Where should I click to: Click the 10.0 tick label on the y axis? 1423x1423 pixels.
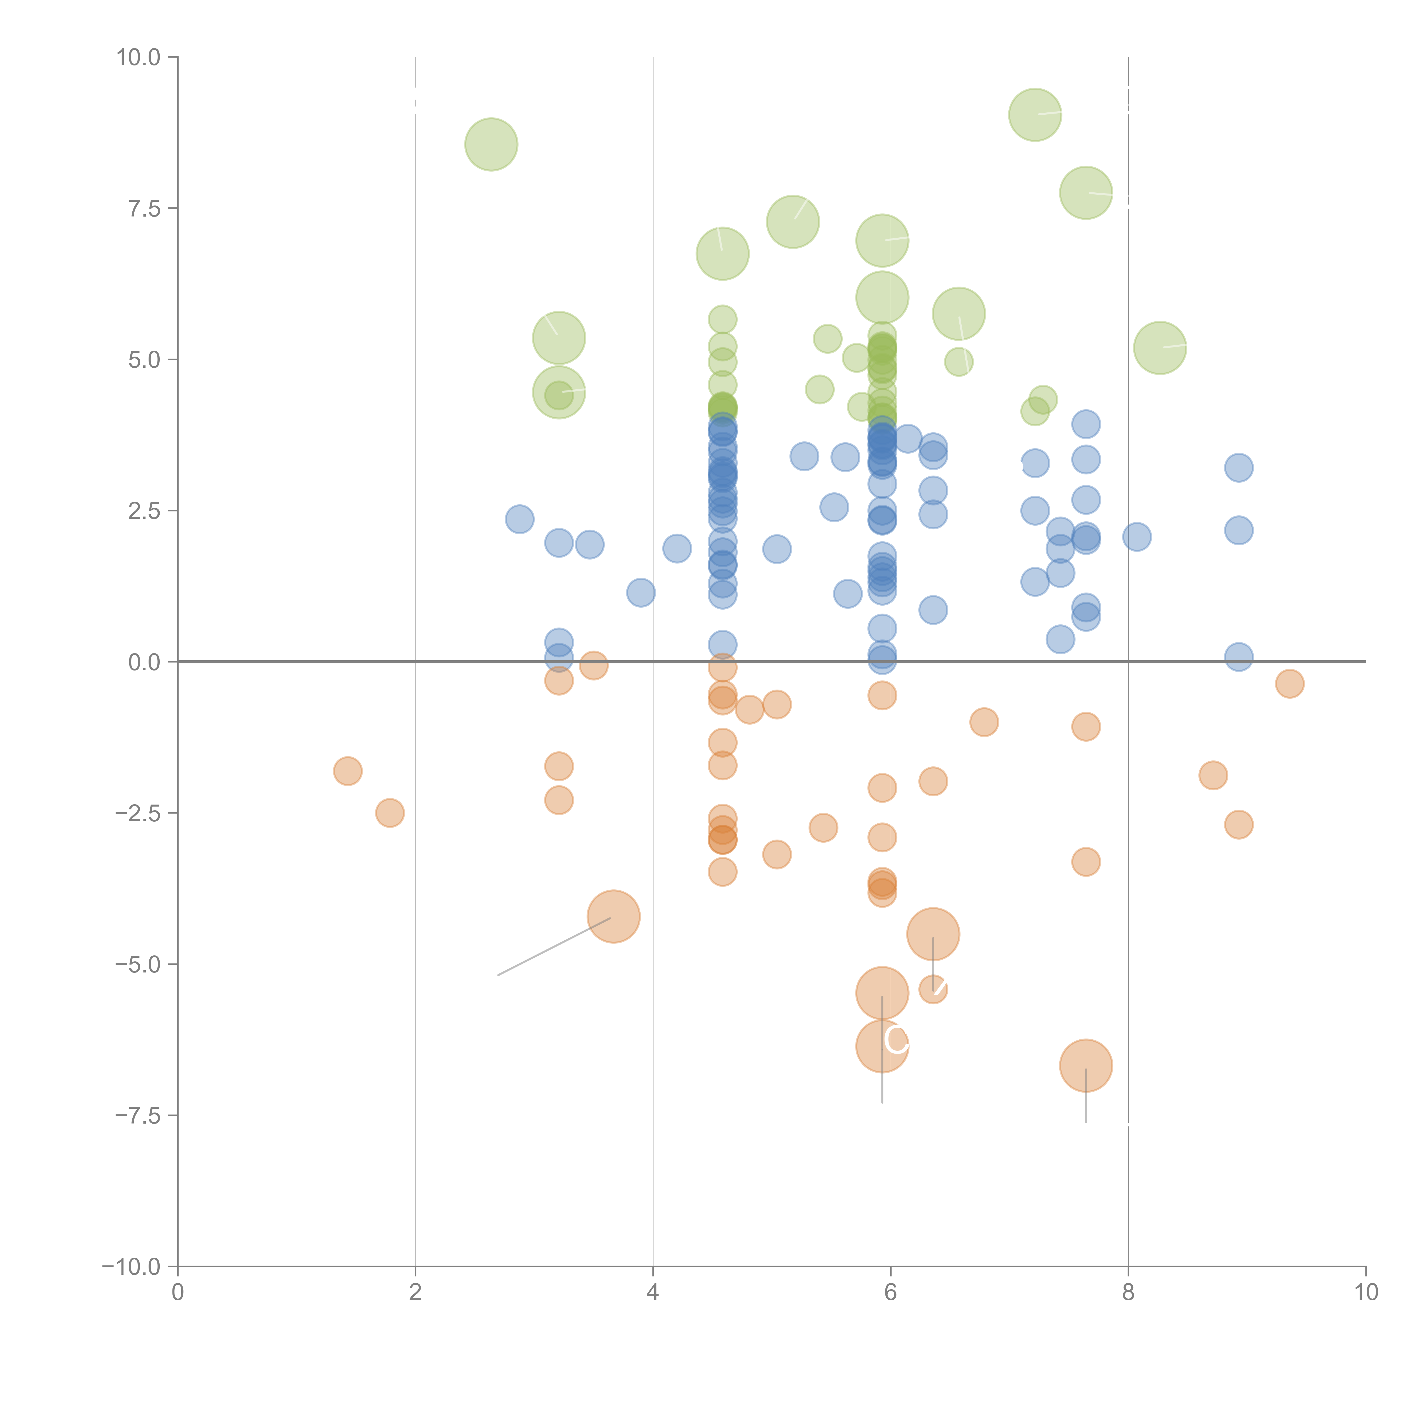(x=139, y=57)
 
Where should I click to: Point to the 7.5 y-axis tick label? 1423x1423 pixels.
(x=144, y=208)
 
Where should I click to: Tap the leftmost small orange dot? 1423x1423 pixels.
(x=348, y=771)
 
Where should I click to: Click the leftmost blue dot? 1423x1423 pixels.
(x=519, y=519)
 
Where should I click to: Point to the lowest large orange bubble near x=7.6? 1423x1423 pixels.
(x=1086, y=1065)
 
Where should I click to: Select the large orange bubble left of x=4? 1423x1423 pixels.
(x=613, y=916)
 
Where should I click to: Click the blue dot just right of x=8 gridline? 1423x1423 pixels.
(x=1136, y=537)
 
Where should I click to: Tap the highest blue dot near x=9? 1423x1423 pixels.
(x=1239, y=467)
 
